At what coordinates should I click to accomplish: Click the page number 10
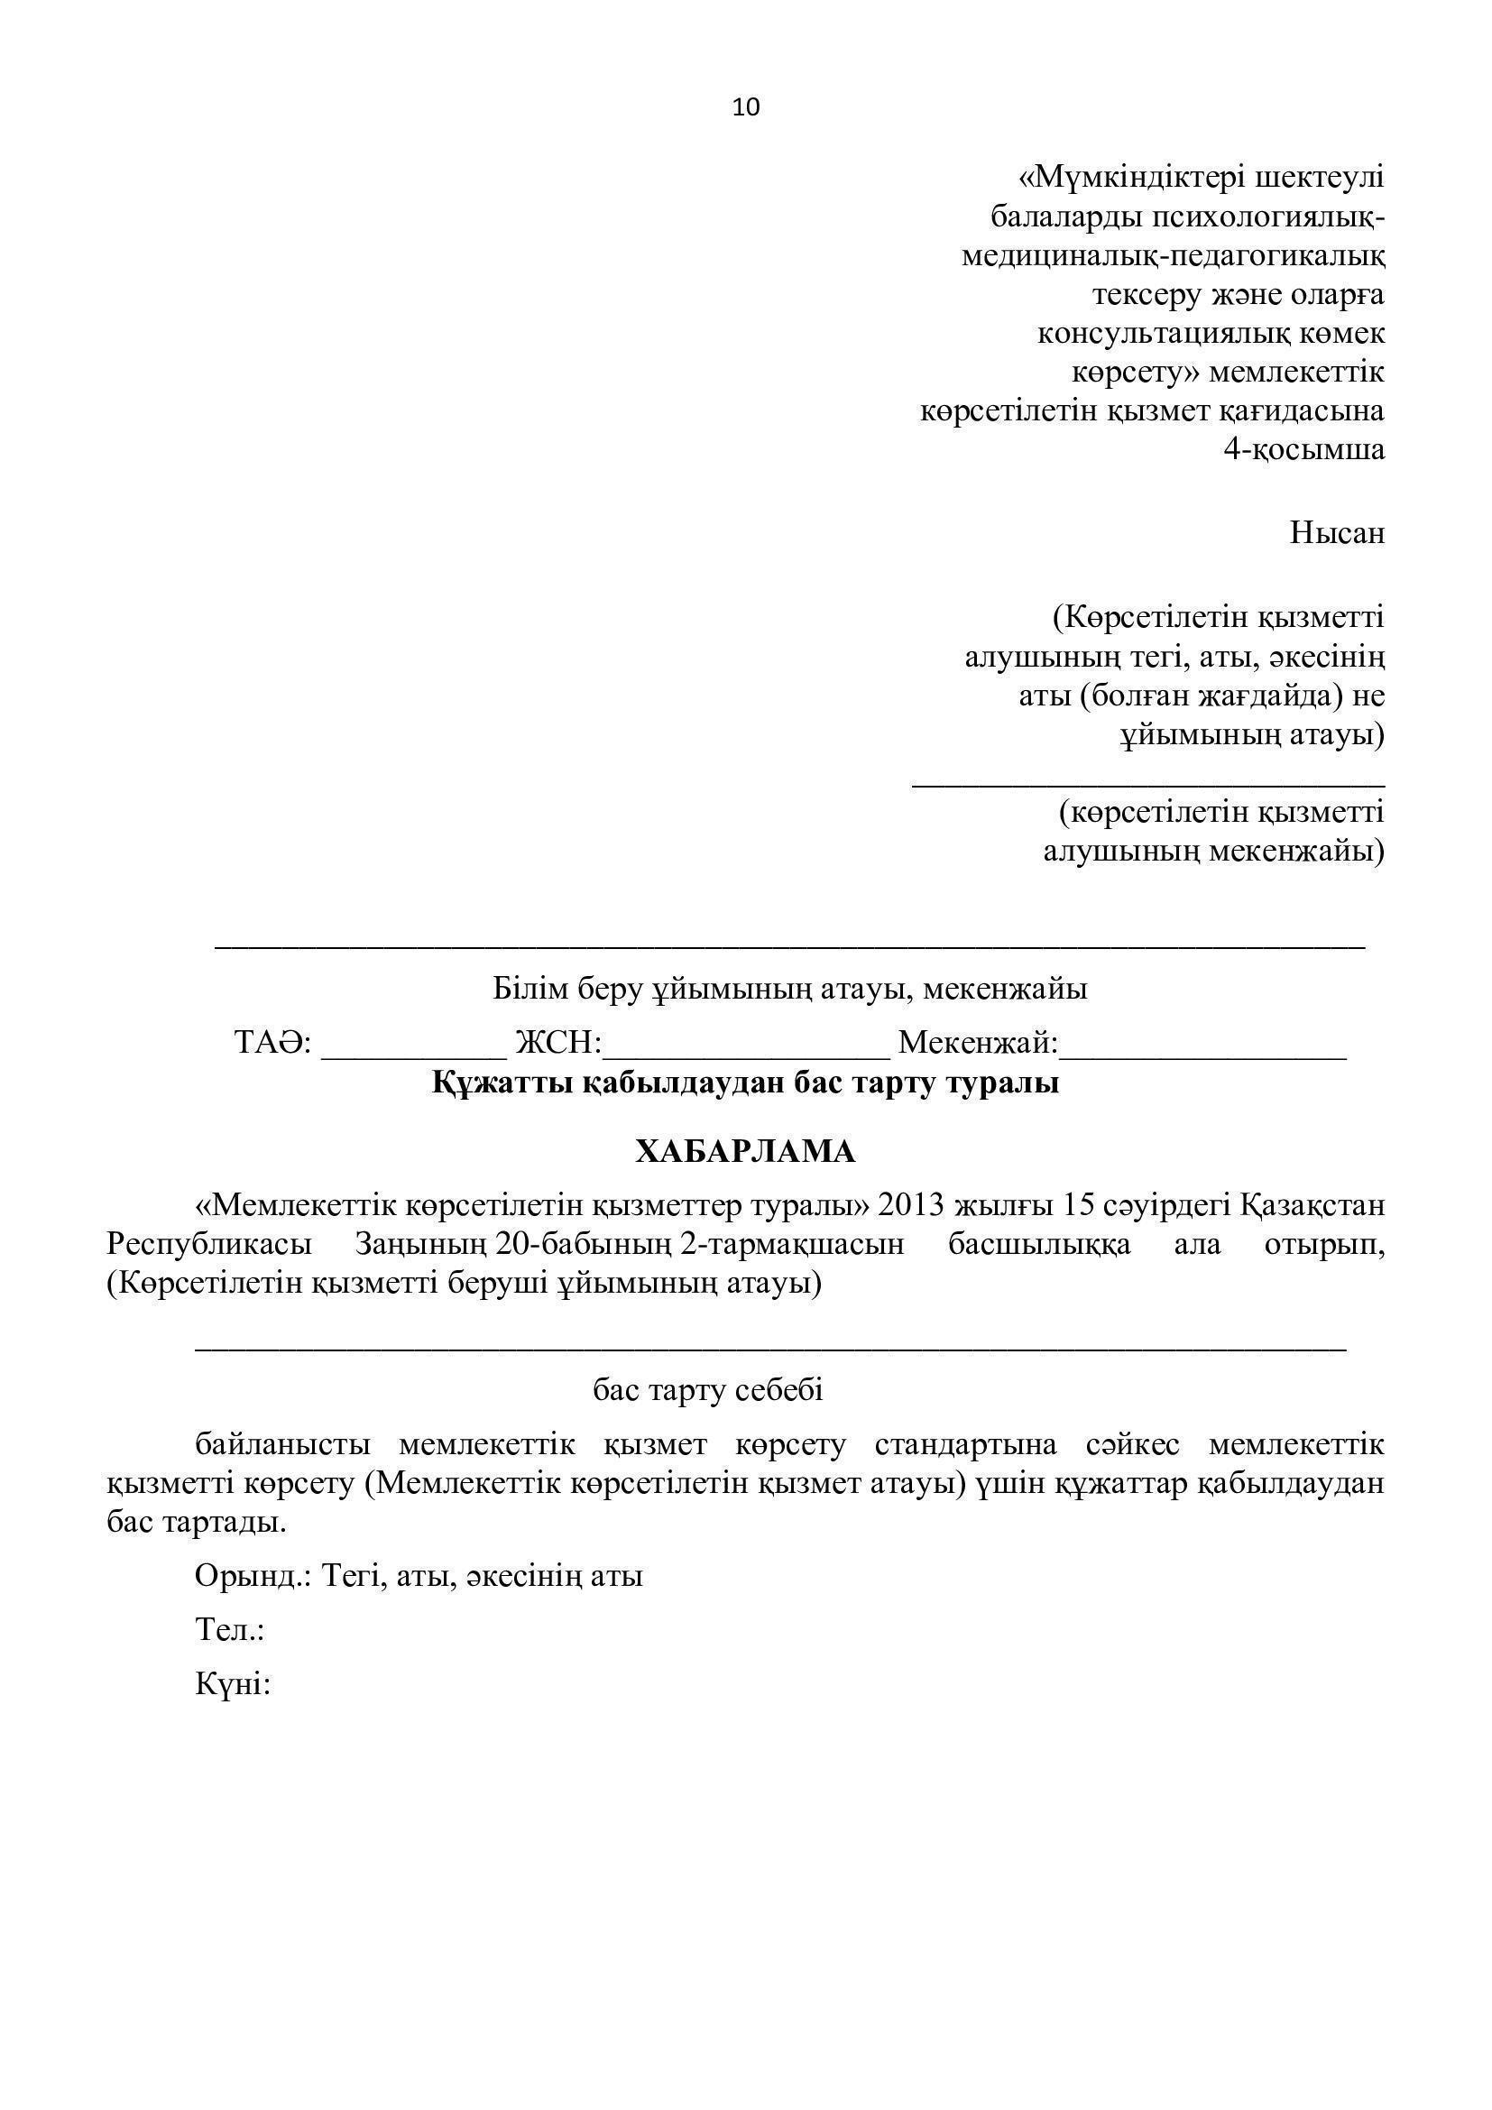(746, 107)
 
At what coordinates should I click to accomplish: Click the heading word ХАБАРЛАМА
(745, 1151)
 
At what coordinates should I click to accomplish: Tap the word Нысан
(1337, 533)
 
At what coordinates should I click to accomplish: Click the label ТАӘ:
(272, 1042)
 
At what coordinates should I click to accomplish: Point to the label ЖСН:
(557, 1042)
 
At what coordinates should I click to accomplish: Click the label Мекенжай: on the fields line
(978, 1042)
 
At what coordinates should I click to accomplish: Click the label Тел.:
(230, 1631)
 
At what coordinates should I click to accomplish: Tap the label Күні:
(233, 1684)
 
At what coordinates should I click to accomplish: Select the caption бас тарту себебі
(707, 1390)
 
